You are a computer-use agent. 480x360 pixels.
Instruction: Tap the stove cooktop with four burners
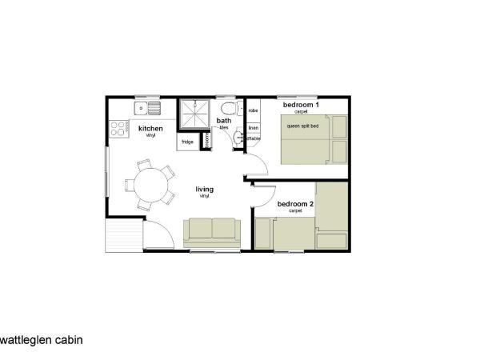pyautogui.click(x=119, y=127)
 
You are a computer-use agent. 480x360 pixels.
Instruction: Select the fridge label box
pyautogui.click(x=186, y=142)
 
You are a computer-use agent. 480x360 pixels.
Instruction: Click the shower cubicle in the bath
pyautogui.click(x=193, y=114)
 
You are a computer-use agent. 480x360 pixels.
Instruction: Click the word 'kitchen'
pyautogui.click(x=151, y=129)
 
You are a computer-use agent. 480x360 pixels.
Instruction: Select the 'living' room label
pyautogui.click(x=205, y=190)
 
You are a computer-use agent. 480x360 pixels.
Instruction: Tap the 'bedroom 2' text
pyautogui.click(x=295, y=204)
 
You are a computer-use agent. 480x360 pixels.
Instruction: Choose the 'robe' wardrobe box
pyautogui.click(x=253, y=110)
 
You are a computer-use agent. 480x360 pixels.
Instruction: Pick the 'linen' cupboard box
pyautogui.click(x=253, y=127)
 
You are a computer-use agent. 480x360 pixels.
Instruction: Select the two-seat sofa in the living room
pyautogui.click(x=211, y=230)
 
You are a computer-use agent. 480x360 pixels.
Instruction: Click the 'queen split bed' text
pyautogui.click(x=303, y=126)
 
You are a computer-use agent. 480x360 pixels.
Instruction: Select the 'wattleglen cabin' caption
pyautogui.click(x=41, y=339)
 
